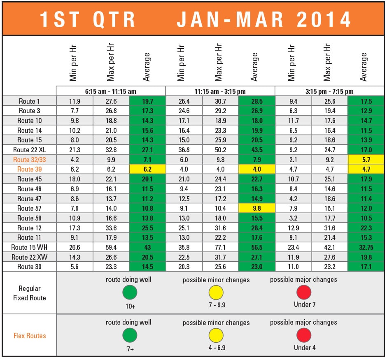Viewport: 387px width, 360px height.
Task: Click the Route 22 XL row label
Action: [x=29, y=150]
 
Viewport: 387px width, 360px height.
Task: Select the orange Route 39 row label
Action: [x=29, y=169]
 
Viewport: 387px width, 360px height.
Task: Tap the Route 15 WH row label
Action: [x=29, y=247]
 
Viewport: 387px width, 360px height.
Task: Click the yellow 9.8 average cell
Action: [x=256, y=208]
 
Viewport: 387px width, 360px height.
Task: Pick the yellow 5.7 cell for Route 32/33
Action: [x=366, y=159]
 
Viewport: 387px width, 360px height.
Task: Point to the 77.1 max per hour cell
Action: [x=220, y=247]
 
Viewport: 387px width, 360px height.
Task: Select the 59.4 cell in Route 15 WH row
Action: [x=111, y=247]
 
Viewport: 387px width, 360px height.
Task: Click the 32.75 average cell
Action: [x=366, y=247]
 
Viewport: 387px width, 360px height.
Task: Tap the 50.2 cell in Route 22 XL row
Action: [x=220, y=150]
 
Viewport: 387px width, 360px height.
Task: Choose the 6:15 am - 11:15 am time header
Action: [x=111, y=91]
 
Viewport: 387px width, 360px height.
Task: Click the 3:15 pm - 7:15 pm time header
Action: [x=329, y=91]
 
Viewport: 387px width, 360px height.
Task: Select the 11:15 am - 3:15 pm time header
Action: [x=220, y=91]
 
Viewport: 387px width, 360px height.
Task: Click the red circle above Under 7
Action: [x=304, y=293]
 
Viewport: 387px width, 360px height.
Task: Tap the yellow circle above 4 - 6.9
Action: [x=216, y=335]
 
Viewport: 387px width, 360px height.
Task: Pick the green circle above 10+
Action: [x=130, y=293]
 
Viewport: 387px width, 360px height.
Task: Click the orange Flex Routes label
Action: [x=30, y=336]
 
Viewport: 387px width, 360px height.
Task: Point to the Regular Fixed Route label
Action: [x=30, y=293]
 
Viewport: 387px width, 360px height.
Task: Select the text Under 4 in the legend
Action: [x=304, y=348]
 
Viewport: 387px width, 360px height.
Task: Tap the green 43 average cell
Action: [x=147, y=247]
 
